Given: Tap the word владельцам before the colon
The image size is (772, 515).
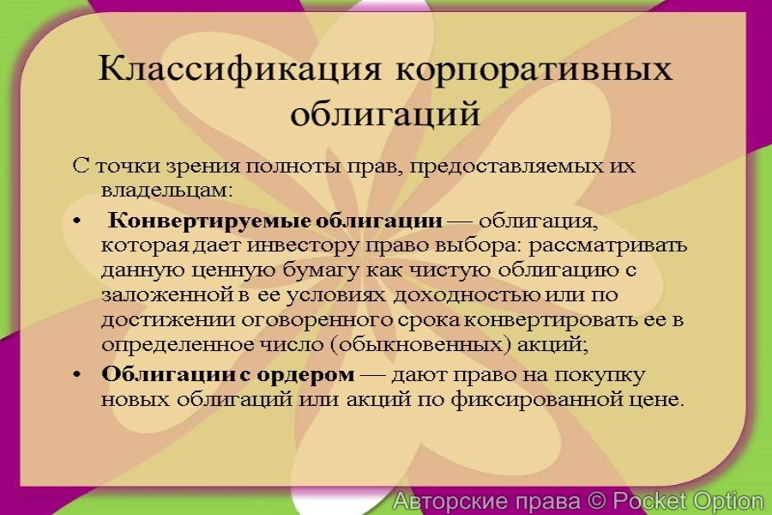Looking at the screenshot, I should [160, 186].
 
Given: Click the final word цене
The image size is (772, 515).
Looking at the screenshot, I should [660, 399].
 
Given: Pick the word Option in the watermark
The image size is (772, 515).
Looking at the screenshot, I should [721, 500].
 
